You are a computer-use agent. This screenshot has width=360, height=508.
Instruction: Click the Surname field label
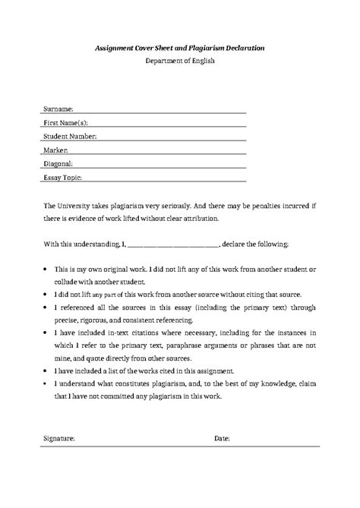point(59,109)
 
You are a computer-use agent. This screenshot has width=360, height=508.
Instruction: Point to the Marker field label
point(57,150)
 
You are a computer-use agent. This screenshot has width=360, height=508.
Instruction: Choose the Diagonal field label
point(59,163)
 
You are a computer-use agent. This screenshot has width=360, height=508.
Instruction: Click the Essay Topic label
point(63,177)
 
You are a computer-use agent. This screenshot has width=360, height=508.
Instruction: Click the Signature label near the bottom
point(59,438)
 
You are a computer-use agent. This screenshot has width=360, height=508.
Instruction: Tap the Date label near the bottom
point(223,438)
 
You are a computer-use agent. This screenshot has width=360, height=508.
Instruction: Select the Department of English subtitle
point(180,62)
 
